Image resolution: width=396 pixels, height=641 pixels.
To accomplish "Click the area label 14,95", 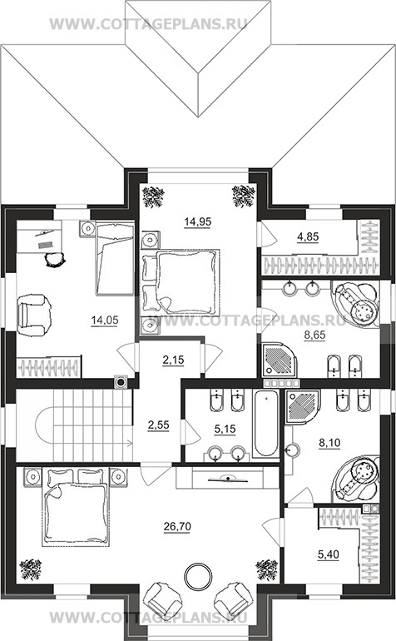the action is pyautogui.click(x=198, y=222).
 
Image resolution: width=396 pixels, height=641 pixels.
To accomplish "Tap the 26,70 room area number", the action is pyautogui.click(x=177, y=527).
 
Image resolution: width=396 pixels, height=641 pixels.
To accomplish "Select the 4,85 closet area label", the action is pyautogui.click(x=308, y=236).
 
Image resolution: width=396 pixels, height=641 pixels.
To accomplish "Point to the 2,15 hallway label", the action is pyautogui.click(x=173, y=360).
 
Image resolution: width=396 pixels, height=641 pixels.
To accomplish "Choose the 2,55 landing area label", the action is pyautogui.click(x=158, y=425).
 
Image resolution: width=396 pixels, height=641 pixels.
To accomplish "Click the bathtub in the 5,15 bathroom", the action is pyautogui.click(x=265, y=424).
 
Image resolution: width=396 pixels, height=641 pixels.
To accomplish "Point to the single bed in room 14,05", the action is pyautogui.click(x=115, y=257).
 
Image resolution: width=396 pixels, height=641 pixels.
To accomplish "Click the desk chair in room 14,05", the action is pyautogui.click(x=54, y=259).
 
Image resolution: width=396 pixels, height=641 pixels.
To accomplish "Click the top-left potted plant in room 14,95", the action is pyautogui.click(x=153, y=196).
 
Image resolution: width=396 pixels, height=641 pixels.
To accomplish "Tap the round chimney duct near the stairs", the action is pyautogui.click(x=121, y=382).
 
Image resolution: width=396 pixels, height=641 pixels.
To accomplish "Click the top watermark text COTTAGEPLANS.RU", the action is pyautogui.click(x=149, y=24).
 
